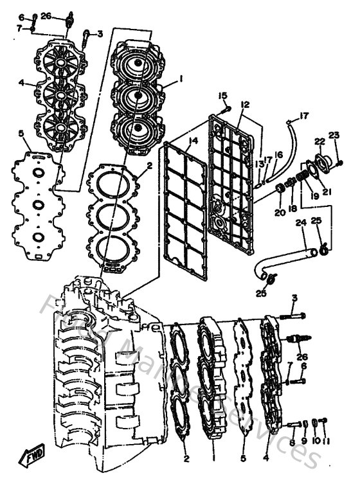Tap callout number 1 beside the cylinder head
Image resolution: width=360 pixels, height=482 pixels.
pyautogui.click(x=181, y=79)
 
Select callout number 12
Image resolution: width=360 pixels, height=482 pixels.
pyautogui.click(x=245, y=104)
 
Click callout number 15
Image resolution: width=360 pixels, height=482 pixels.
pyautogui.click(x=222, y=96)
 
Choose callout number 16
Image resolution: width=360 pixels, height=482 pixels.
pyautogui.click(x=278, y=154)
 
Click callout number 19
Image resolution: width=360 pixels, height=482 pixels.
pyautogui.click(x=314, y=195)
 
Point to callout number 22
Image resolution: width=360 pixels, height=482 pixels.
pyautogui.click(x=319, y=141)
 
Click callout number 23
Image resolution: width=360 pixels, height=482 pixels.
pyautogui.click(x=334, y=135)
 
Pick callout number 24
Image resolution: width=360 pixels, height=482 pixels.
pyautogui.click(x=300, y=224)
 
